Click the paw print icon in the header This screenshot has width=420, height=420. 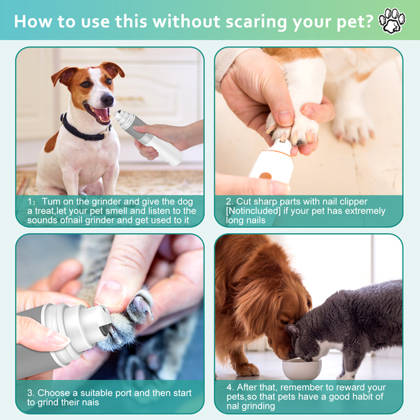[392, 21]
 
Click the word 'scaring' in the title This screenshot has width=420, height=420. [255, 22]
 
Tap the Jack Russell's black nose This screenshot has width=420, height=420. [108, 100]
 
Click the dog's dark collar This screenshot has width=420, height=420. [83, 130]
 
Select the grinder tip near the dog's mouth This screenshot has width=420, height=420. [120, 115]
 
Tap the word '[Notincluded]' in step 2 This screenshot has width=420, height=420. [253, 211]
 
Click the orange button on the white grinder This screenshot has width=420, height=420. [265, 176]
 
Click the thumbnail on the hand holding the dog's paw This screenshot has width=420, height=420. [286, 118]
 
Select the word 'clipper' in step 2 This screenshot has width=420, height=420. [353, 202]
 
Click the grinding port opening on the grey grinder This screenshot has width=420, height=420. [104, 330]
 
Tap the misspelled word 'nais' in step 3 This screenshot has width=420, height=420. [90, 402]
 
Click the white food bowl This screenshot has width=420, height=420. [302, 369]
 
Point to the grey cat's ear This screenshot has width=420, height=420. [293, 330]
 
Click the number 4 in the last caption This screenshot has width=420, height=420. [230, 387]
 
